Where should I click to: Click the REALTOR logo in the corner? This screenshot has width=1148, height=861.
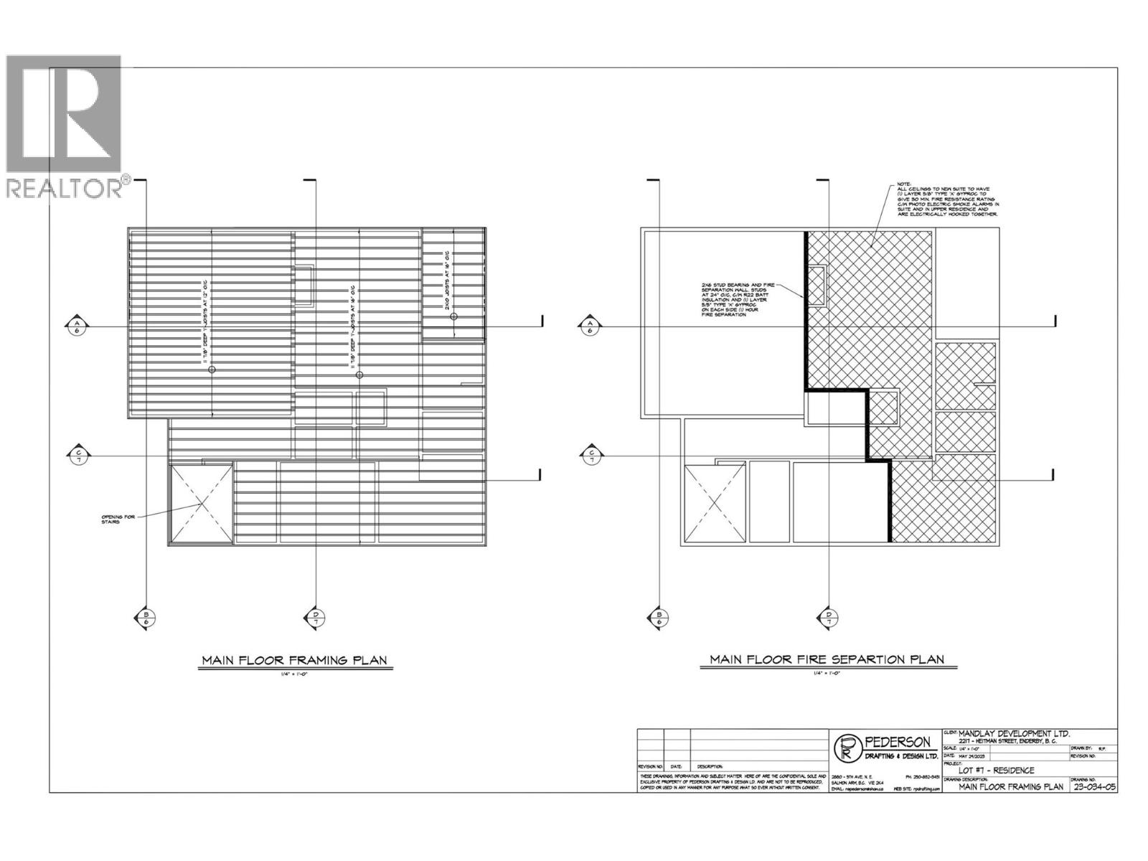tap(65, 126)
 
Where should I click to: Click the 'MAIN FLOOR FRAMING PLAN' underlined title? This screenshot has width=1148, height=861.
tap(295, 660)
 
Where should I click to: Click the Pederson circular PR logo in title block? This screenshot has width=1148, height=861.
tap(847, 748)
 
